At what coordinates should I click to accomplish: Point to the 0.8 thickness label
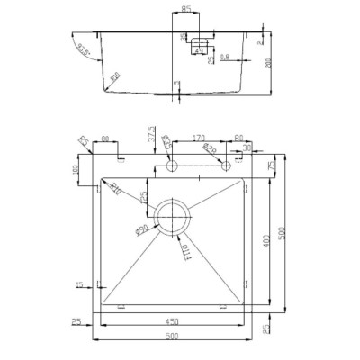223,58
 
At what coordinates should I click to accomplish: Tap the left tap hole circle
170,167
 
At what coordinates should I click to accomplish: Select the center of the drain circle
174,216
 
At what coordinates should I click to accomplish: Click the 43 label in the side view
197,51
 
